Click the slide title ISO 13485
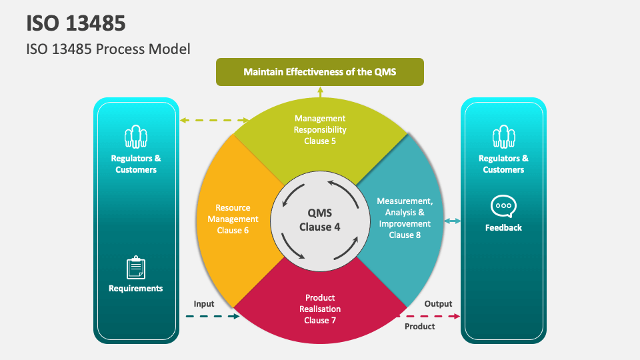tap(76, 23)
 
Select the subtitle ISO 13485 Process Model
tap(108, 49)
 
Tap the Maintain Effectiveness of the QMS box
tap(319, 71)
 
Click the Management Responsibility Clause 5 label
tap(320, 129)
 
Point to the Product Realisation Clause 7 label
tap(320, 309)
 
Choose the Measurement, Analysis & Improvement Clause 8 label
tap(405, 217)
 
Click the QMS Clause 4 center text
tap(319, 220)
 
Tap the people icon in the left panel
tap(136, 137)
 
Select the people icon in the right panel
tap(503, 137)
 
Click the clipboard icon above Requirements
tap(136, 267)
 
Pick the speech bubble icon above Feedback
tap(503, 206)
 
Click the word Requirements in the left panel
tap(136, 289)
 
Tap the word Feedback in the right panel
tap(503, 227)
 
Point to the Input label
tap(204, 304)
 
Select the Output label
tap(438, 304)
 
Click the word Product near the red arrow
tap(420, 327)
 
